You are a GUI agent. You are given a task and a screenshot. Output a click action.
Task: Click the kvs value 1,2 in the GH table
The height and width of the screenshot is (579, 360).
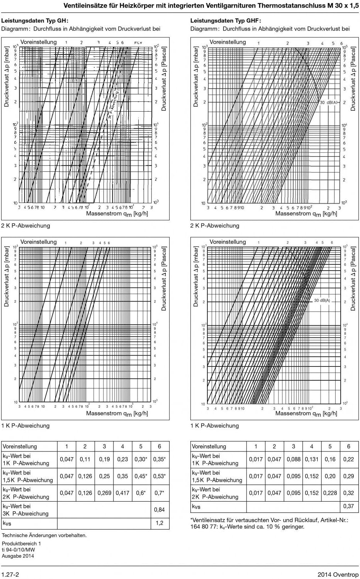click(x=160, y=523)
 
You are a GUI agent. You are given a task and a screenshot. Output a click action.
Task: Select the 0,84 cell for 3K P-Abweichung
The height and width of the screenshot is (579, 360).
click(x=160, y=509)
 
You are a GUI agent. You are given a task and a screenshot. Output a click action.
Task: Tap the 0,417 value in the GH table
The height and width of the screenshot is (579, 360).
click(x=122, y=493)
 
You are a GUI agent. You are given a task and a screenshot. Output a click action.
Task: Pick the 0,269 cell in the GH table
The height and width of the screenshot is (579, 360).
click(x=104, y=493)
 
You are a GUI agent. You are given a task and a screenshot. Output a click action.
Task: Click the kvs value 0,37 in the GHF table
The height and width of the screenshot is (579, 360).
click(x=348, y=506)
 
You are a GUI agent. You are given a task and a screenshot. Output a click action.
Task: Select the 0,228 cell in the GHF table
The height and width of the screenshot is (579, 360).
click(x=330, y=493)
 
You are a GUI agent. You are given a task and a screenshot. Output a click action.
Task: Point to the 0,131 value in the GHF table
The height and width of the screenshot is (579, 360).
click(x=312, y=459)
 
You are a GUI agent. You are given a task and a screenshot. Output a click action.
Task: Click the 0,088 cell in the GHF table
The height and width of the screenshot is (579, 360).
click(x=294, y=459)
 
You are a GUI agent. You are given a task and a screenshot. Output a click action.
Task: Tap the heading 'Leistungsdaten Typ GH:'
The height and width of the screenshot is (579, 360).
click(x=35, y=20)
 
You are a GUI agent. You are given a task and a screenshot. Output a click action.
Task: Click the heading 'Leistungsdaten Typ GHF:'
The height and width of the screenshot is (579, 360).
click(x=226, y=20)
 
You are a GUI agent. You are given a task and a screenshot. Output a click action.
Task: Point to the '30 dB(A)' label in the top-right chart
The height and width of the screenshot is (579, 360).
click(x=329, y=102)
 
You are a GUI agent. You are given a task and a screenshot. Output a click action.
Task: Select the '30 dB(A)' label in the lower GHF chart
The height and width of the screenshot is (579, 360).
click(x=322, y=300)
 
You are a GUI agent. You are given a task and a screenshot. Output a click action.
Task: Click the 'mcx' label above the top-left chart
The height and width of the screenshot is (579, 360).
click(x=138, y=43)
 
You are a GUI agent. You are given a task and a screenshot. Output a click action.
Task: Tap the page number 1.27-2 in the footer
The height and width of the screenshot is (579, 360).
click(x=10, y=574)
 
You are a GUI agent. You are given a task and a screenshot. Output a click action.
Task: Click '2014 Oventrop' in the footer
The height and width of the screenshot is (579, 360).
click(x=338, y=574)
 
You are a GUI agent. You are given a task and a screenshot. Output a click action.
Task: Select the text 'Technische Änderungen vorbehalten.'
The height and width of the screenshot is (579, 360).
click(x=44, y=535)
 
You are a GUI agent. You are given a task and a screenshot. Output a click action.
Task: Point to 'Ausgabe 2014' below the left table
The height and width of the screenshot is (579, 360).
click(x=18, y=556)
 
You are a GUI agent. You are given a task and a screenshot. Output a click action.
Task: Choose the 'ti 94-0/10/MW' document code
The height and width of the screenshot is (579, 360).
click(x=18, y=550)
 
